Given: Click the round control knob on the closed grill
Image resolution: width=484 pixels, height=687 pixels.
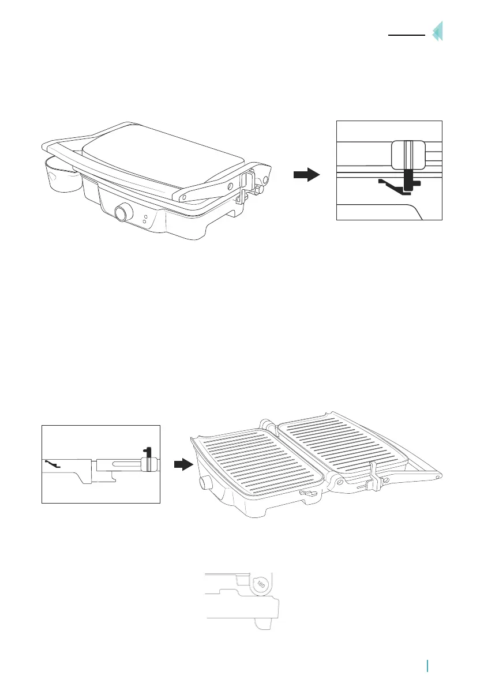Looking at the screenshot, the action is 122,213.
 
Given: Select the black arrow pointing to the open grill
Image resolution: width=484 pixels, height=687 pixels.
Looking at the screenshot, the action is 182,464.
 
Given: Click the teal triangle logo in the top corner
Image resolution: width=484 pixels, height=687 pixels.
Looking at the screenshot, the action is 438,31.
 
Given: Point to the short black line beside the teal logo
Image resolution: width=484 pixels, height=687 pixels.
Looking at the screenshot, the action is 406,35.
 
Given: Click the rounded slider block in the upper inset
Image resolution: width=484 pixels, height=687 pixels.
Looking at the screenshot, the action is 408,155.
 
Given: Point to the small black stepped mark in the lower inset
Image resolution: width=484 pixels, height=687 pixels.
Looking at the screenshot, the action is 52,464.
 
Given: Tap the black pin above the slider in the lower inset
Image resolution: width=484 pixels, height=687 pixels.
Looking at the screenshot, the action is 148,451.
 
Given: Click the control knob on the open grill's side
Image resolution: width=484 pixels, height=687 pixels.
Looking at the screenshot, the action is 203,482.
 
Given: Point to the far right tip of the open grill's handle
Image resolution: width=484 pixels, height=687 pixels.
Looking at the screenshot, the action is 441,476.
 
